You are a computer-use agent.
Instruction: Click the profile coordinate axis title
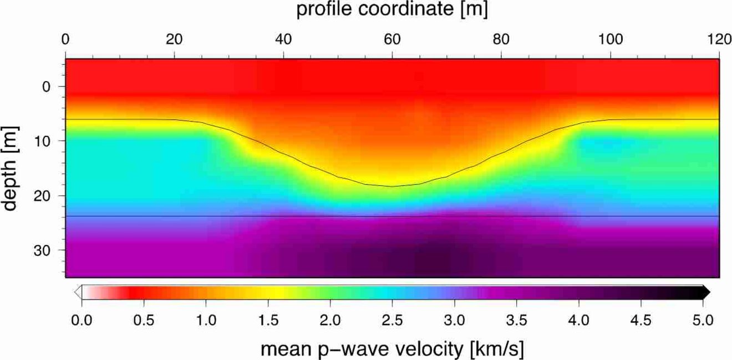(392, 10)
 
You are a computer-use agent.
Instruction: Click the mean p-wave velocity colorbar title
(392, 349)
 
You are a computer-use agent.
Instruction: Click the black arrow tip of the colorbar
(707, 292)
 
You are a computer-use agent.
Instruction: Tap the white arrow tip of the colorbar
(78, 292)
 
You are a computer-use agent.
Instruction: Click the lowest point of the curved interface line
(392, 186)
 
